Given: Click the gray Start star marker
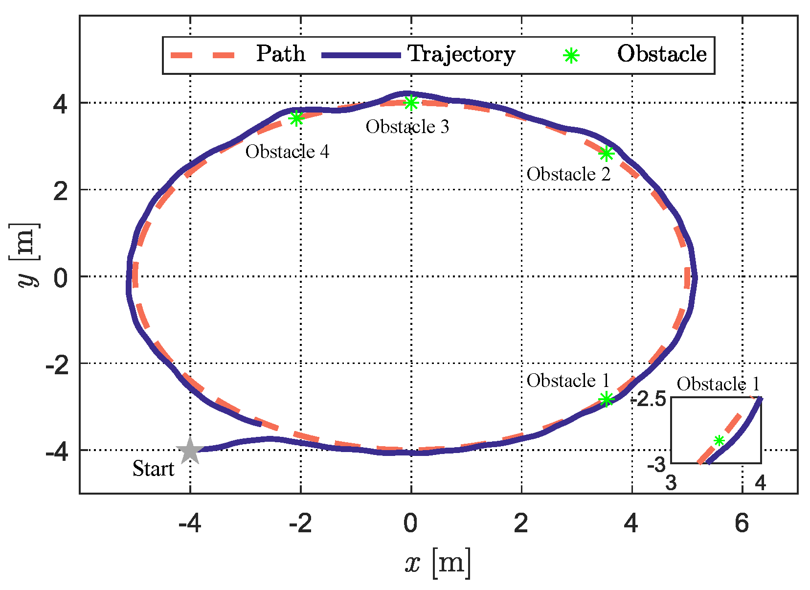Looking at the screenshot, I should coord(190,451).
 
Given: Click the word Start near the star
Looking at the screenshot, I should coord(153,469).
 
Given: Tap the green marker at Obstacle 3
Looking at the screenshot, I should coord(411,103).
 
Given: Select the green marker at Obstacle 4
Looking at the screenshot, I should coord(296,118).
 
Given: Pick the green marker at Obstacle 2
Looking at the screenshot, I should coord(606,154).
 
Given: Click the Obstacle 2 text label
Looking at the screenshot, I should coord(568,174).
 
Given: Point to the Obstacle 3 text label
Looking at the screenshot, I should coord(407,127).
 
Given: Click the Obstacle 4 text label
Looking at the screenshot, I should coord(287,152).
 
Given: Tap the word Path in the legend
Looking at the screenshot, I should coord(281,54).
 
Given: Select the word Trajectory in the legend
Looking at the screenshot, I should coord(461,54).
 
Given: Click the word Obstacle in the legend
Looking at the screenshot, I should coord(662,54).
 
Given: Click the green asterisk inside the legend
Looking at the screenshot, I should coord(571,56).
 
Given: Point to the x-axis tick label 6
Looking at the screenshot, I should coord(742,523).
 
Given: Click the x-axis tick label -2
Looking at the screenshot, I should coord(300,523).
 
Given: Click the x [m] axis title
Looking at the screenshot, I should coord(438,564).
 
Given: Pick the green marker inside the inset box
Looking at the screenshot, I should coord(719,440).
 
